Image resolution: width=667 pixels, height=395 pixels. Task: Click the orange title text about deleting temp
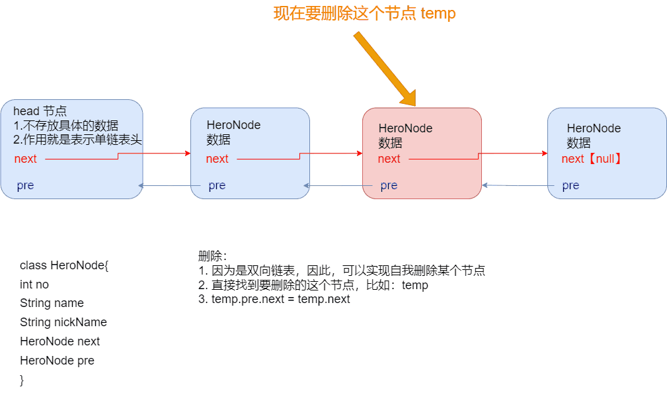pos(365,13)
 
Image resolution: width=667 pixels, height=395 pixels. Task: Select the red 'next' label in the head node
pos(26,159)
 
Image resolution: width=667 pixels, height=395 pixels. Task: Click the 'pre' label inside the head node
pos(25,185)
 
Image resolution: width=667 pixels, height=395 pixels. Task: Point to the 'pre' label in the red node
pos(389,185)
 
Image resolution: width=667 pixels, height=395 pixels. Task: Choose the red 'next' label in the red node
pos(389,159)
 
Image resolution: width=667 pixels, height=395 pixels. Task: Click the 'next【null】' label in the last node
pos(592,159)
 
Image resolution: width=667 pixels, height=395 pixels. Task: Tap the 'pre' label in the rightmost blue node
pos(570,185)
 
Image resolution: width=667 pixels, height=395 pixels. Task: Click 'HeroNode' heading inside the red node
pos(405,128)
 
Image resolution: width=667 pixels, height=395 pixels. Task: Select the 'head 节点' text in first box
pos(40,111)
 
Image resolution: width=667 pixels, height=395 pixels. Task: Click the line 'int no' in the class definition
pos(34,285)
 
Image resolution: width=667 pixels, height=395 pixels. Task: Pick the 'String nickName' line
pos(63,322)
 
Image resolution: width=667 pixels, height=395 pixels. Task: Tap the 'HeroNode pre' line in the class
pos(58,361)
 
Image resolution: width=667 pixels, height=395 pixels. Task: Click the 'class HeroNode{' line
pos(63,265)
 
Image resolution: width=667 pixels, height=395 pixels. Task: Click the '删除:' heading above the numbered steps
pos(212,256)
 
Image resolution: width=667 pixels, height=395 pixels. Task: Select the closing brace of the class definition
pos(22,380)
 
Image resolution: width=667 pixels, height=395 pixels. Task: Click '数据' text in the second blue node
pos(218,140)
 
